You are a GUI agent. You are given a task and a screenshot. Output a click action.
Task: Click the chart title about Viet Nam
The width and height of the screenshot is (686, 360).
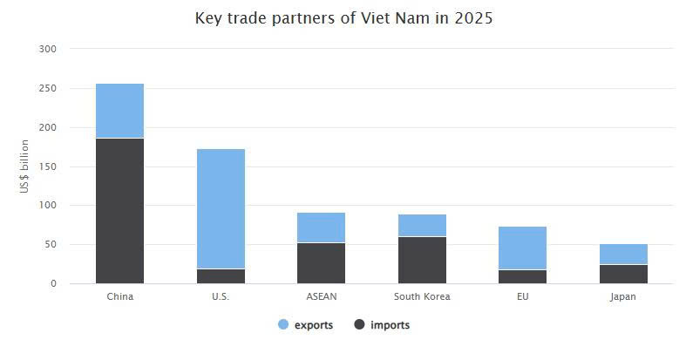click(343, 17)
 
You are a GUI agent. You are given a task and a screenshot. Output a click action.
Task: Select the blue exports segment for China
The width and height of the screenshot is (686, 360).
click(119, 111)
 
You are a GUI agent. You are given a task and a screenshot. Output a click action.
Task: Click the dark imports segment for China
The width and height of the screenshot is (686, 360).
click(119, 210)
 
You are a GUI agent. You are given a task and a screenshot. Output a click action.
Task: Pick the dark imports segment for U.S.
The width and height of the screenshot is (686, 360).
click(221, 275)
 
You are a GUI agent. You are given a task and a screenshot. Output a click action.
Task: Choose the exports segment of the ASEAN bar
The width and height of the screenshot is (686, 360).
click(321, 228)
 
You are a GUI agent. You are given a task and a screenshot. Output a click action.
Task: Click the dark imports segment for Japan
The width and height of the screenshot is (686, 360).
click(623, 274)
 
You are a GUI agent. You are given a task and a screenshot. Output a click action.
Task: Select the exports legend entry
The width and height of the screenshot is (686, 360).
click(305, 325)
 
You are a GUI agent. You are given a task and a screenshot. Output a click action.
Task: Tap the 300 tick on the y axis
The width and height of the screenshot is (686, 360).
click(48, 49)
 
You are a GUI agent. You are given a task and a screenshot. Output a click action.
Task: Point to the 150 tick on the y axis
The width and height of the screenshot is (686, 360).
click(48, 166)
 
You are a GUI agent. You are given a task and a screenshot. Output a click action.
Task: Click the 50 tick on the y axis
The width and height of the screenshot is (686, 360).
click(51, 245)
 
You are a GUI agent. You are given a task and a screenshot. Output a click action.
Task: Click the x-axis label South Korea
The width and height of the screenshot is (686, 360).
click(422, 296)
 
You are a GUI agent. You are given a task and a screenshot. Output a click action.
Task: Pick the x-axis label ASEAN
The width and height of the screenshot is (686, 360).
click(321, 296)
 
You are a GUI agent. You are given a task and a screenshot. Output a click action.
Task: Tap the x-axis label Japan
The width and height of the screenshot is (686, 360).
click(623, 296)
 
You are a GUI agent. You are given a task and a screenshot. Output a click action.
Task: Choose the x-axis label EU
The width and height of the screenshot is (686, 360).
click(523, 296)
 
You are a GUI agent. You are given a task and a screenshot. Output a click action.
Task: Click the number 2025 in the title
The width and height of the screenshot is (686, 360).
click(472, 17)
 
